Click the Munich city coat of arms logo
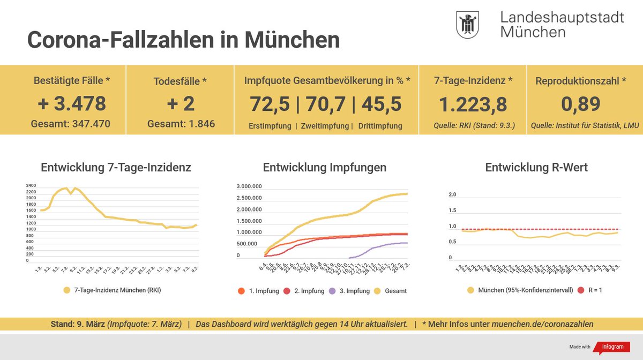[467, 25]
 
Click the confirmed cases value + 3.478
[72, 103]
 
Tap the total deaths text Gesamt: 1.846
[181, 124]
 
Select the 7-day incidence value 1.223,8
[473, 104]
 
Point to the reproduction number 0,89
[580, 104]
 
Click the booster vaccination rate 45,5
[382, 104]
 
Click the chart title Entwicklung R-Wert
[536, 168]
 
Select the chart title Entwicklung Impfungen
[324, 168]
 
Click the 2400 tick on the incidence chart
[31, 185]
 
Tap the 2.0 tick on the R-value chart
[452, 194]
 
